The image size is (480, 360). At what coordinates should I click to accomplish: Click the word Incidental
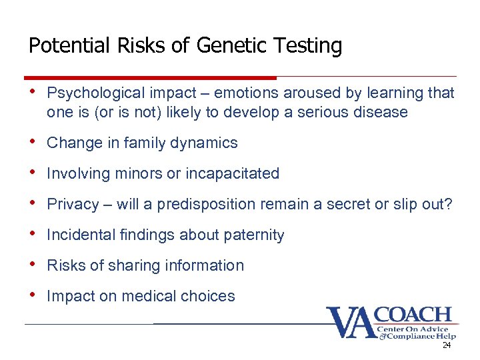click(77, 235)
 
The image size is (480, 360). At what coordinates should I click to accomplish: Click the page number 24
click(447, 346)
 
